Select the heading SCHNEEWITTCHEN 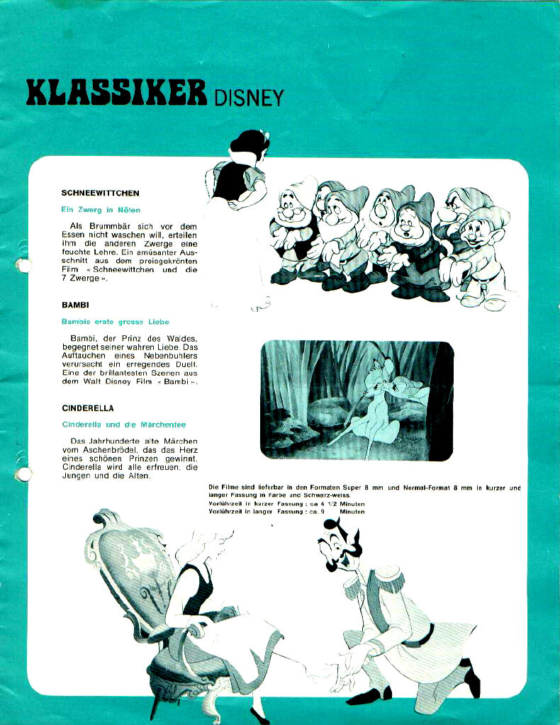point(100,193)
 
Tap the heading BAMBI point(74,305)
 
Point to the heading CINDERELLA point(88,408)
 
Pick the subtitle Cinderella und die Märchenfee point(124,425)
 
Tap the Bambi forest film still point(357,400)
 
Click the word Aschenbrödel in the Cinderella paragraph point(108,450)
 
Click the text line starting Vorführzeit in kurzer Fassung point(286,503)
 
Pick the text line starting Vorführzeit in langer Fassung point(286,512)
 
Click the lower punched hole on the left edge point(23,473)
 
